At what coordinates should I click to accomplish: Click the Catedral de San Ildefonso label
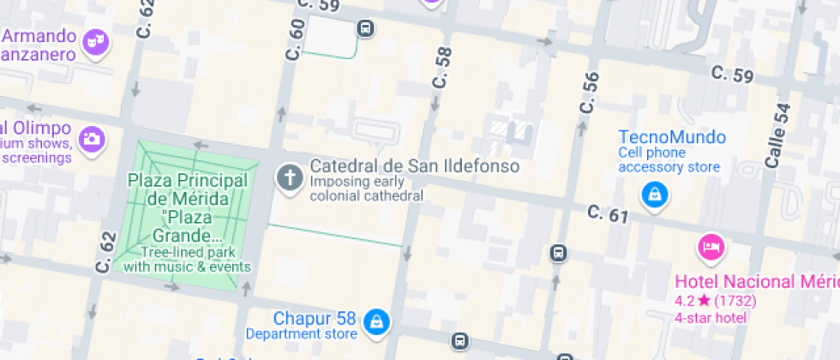414,165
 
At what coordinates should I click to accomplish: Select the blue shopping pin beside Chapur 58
375,321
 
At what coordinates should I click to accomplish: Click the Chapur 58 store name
314,318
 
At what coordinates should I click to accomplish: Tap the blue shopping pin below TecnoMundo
655,195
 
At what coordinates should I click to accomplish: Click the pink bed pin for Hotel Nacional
711,248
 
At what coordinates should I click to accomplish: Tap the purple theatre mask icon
93,39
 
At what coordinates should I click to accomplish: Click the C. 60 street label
297,39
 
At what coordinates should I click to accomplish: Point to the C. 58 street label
441,69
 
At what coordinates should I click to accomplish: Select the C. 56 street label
589,93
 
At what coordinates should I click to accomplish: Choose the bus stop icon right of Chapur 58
461,340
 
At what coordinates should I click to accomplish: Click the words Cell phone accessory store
669,160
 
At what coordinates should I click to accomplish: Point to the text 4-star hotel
711,317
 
